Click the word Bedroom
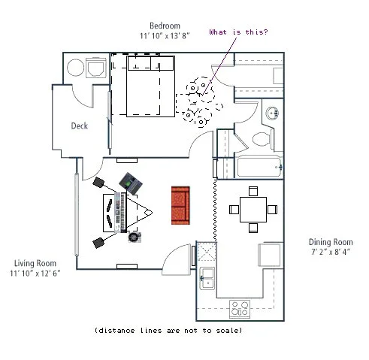[165, 26]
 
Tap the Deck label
[80, 126]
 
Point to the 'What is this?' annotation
[238, 32]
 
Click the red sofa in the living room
[180, 205]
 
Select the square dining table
[253, 210]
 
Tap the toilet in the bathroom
[262, 139]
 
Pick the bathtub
[260, 166]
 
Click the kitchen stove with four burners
[240, 309]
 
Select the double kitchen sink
[207, 278]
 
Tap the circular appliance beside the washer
[75, 68]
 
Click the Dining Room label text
[331, 242]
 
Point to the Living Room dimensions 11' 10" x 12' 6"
[35, 274]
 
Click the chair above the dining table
[253, 191]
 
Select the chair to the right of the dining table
[272, 210]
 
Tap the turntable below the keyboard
[135, 237]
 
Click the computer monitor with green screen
[131, 183]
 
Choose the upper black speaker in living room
[98, 182]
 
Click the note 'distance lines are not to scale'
[168, 331]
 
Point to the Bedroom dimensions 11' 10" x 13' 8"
[165, 36]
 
